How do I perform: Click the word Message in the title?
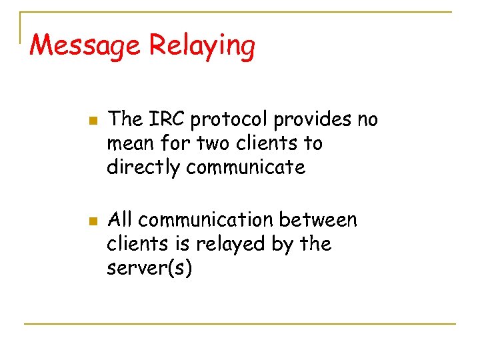(x=86, y=46)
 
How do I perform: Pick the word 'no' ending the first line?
(x=367, y=121)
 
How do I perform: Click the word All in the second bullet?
(x=121, y=219)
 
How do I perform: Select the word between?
(x=319, y=219)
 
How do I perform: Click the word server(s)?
(x=149, y=269)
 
